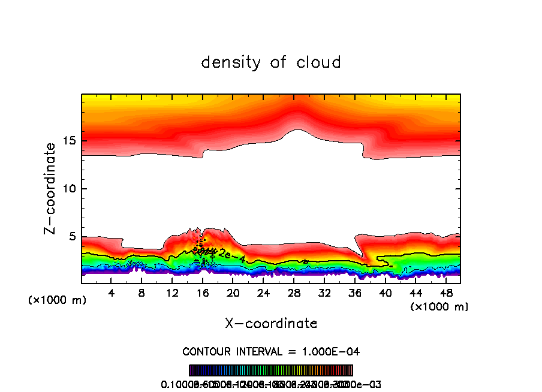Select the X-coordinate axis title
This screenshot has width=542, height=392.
pos(271,324)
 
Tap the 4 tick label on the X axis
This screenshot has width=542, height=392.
pos(111,293)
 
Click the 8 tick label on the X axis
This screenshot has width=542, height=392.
pos(141,293)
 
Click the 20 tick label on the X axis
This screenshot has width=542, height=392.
pos(233,293)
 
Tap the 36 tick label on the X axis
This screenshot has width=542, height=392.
pos(354,293)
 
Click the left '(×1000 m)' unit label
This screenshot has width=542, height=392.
pos(58,300)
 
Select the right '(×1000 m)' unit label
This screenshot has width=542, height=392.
pos(439,307)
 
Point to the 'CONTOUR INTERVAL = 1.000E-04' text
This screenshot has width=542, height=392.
pos(271,351)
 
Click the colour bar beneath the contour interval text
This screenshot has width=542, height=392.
pos(271,370)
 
